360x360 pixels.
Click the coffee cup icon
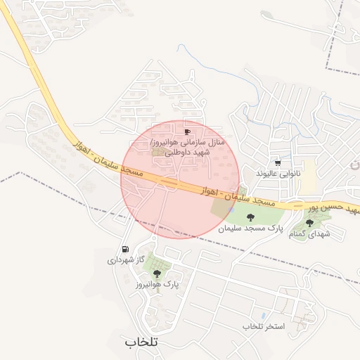click(187, 131)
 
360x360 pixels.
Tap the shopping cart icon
click(278, 162)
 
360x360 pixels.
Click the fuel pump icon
click(125, 249)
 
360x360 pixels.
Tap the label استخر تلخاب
click(262, 326)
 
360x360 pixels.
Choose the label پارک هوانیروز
click(157, 285)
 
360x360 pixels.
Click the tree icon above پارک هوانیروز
click(157, 274)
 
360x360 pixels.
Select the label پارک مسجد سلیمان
click(250, 229)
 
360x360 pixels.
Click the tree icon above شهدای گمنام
click(309, 223)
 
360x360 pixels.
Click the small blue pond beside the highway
click(232, 209)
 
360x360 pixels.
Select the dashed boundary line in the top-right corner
click(329, 35)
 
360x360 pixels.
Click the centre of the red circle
click(180, 180)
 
